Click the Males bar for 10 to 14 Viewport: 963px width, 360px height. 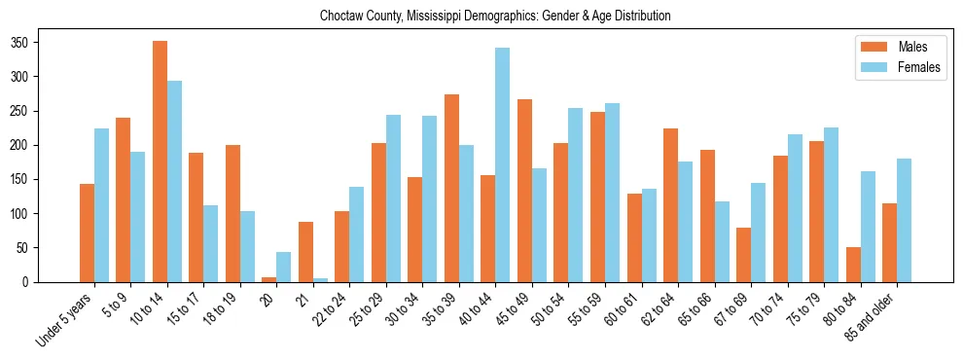160,162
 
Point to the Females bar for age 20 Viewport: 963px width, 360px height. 284,268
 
